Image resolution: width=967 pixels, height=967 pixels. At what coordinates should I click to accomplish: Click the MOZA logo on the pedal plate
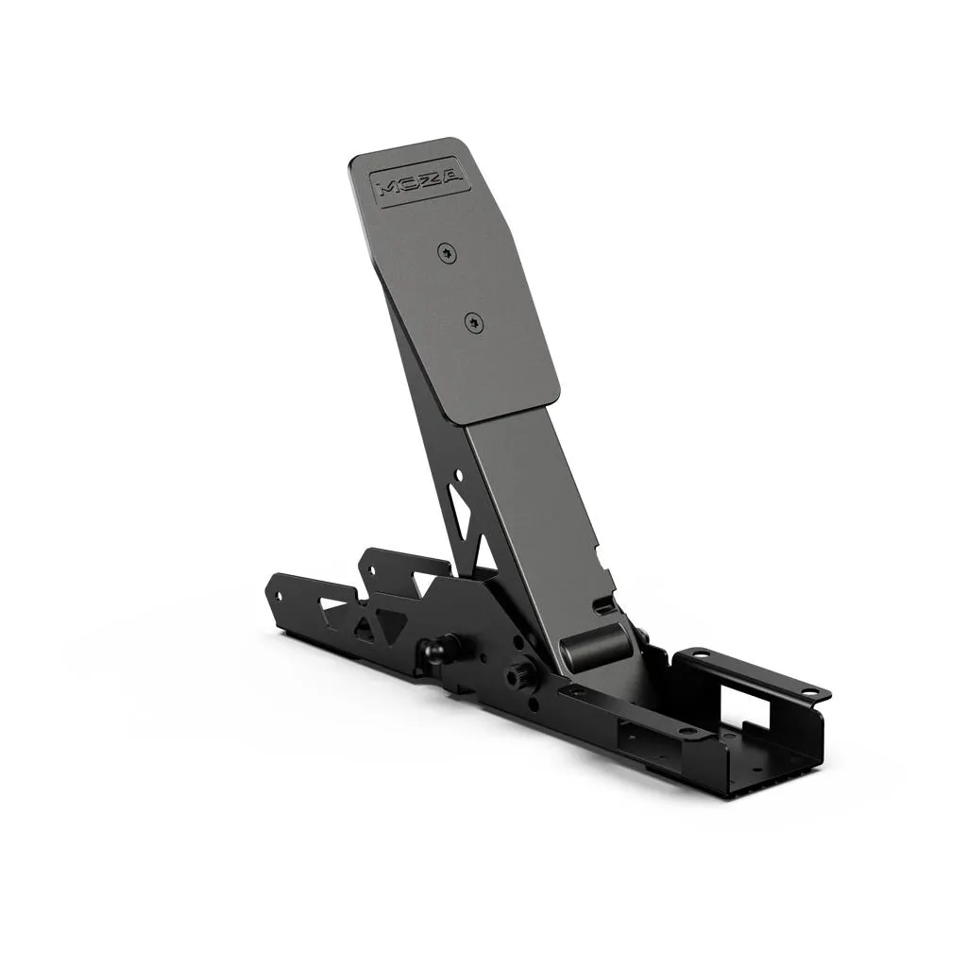tap(416, 181)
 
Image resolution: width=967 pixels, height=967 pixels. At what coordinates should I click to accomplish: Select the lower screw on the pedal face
tap(470, 324)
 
